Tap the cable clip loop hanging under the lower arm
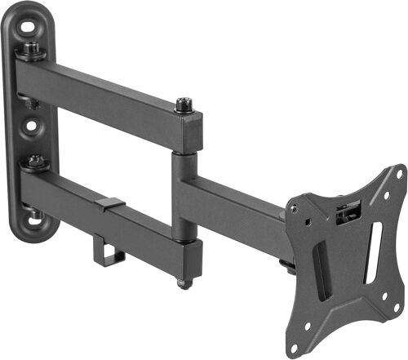pos(109,251)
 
